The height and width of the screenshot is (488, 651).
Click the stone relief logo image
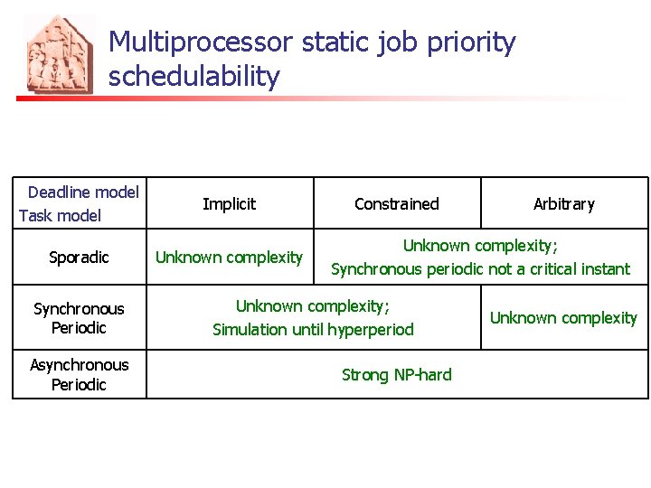click(59, 54)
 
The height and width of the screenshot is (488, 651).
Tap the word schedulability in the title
click(194, 77)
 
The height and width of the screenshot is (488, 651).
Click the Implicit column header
click(229, 204)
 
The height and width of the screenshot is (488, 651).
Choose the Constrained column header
click(396, 204)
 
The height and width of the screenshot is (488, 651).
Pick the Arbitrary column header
click(563, 204)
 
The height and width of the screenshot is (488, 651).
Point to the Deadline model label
click(83, 192)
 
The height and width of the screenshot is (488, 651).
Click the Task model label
click(60, 216)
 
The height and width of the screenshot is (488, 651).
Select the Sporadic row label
click(79, 258)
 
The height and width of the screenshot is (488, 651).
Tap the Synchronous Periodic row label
click(79, 318)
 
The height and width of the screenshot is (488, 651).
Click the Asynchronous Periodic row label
click(79, 374)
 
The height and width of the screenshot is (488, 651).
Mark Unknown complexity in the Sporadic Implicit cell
click(229, 258)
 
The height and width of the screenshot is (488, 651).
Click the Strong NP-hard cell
click(396, 374)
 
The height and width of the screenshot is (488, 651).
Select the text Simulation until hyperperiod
click(313, 330)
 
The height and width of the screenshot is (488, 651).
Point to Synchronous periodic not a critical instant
click(480, 269)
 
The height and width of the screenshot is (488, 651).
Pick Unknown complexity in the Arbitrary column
click(563, 318)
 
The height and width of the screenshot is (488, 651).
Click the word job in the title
click(391, 42)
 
